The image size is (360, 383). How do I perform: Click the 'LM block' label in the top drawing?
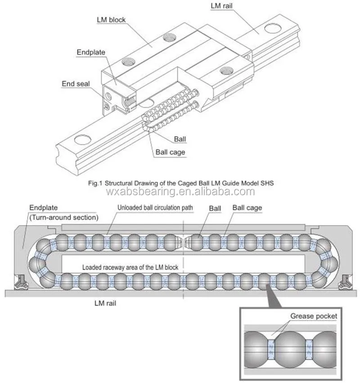(x=111, y=20)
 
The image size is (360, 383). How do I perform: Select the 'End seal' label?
(x=75, y=83)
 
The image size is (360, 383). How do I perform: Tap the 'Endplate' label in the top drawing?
(x=91, y=52)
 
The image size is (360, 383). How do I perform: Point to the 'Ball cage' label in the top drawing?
(x=170, y=152)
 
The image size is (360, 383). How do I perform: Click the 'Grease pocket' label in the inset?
(x=314, y=316)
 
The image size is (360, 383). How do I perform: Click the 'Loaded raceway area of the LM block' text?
(x=130, y=267)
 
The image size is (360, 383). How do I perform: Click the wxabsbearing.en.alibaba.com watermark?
(x=180, y=192)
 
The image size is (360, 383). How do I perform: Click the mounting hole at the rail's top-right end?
(x=271, y=29)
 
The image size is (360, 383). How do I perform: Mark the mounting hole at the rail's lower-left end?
(x=81, y=139)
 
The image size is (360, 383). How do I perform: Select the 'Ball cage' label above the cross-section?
(x=247, y=208)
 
